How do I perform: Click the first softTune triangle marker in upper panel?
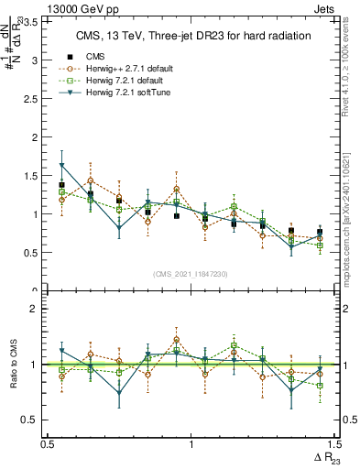coord(61,165)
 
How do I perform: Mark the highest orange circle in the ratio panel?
coord(176,339)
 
